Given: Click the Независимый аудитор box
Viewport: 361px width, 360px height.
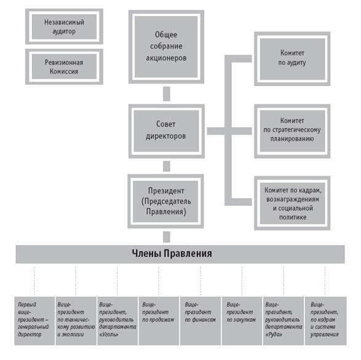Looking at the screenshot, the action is (64, 26).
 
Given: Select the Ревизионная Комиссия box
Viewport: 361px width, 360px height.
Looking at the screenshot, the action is (64, 66).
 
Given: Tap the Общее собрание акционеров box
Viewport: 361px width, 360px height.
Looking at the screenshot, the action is (166, 47).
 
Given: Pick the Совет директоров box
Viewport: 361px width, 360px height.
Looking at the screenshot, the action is (166, 131).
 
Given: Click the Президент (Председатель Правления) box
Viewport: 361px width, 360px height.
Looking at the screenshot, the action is (166, 202).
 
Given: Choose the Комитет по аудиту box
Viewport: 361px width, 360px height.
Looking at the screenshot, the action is (292, 59).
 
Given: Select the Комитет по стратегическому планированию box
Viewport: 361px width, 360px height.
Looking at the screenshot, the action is (292, 131).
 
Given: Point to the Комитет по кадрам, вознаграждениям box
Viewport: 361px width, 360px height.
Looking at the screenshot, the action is (292, 203).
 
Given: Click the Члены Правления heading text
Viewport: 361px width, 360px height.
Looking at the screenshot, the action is (172, 254).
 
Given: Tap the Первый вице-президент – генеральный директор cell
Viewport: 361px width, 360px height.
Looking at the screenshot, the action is (34, 321).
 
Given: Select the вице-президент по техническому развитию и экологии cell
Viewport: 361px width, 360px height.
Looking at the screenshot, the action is (76, 321).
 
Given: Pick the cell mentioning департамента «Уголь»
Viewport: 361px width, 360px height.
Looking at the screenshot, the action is (117, 321).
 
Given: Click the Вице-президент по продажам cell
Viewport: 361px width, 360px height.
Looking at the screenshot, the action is (159, 321).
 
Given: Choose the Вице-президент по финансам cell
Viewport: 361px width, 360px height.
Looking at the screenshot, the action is (200, 321).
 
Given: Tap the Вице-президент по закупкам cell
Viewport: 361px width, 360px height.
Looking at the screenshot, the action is (242, 321).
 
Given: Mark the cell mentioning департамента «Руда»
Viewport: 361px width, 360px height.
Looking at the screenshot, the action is (284, 321).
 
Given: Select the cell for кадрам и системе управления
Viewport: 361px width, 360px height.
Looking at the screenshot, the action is (325, 321).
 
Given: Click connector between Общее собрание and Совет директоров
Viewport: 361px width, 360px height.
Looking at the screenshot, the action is (167, 94).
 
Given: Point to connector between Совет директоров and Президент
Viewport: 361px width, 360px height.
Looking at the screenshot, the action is (167, 166).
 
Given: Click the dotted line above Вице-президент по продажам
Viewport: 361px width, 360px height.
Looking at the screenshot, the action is (159, 281).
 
